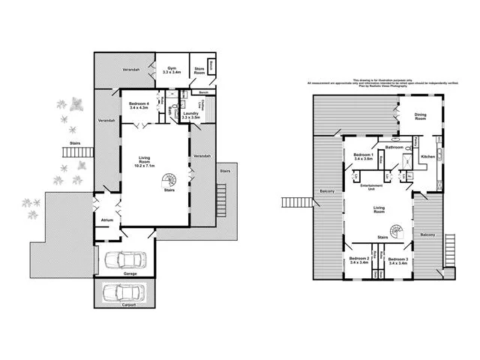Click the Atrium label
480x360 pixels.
(x=106, y=220)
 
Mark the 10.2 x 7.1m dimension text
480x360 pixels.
(x=145, y=165)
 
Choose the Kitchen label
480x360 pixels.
(x=428, y=156)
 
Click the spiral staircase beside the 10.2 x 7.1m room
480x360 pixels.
(x=172, y=180)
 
